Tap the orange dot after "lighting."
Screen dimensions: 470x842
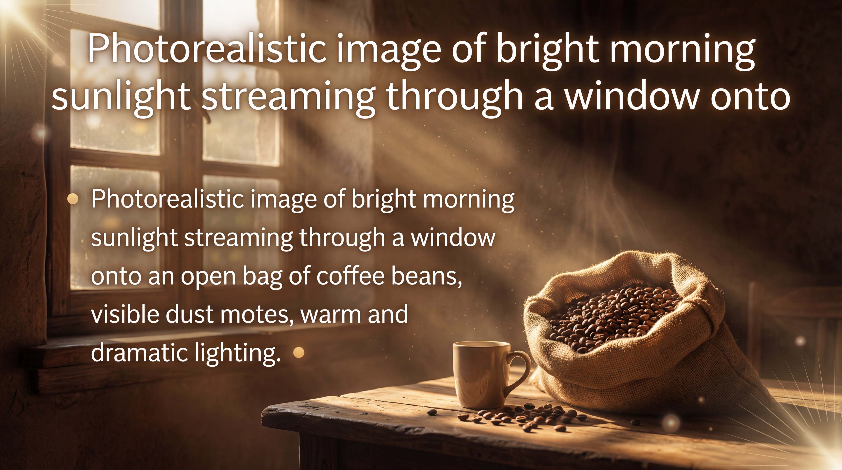coord(299,352)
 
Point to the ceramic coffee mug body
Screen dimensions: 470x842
coord(480,376)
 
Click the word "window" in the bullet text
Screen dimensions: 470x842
coord(453,238)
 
